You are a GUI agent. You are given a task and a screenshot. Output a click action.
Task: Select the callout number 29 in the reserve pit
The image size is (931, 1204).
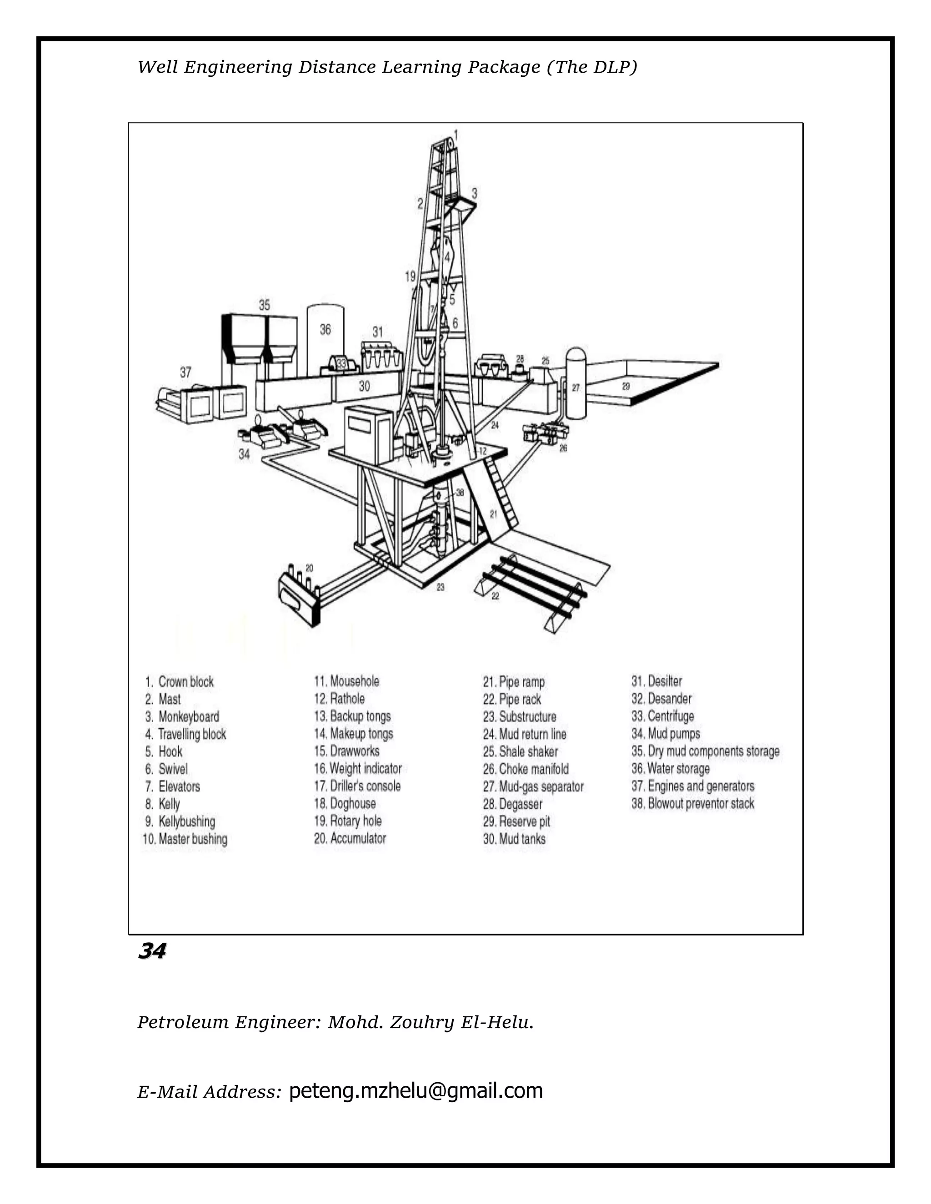pos(626,387)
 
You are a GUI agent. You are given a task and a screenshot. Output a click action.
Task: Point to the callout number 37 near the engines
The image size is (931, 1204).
pos(185,373)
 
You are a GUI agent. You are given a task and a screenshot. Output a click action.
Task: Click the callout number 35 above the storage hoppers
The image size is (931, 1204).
pos(264,305)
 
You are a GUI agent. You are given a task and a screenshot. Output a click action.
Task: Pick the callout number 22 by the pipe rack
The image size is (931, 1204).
pos(496,596)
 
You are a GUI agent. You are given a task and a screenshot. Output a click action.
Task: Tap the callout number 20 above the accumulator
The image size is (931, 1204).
pos(310,568)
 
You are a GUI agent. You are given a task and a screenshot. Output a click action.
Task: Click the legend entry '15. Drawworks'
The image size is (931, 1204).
pos(347,751)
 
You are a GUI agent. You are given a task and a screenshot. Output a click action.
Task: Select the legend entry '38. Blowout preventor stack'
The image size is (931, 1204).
pos(693,803)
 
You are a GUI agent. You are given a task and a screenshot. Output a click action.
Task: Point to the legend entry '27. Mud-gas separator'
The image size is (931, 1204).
pos(533,786)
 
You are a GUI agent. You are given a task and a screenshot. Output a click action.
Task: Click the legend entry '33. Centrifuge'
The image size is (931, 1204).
pos(663,716)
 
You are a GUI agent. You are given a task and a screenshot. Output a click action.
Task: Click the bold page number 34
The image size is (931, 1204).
pos(152,951)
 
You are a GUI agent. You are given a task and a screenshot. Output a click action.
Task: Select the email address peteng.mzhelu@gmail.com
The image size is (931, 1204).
pos(416,1090)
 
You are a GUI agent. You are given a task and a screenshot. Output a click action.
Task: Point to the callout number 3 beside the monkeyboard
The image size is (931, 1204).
pos(474,194)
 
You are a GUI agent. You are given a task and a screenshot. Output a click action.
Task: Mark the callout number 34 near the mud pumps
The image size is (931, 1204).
pos(244,454)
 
